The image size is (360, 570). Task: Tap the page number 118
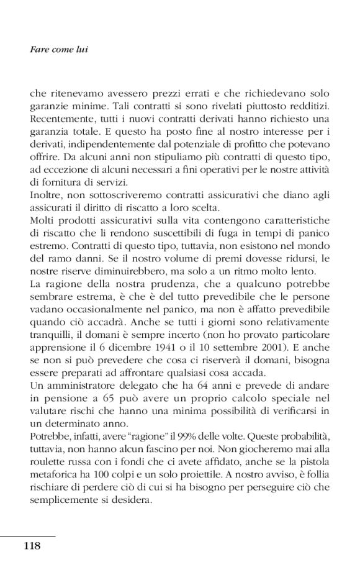32,546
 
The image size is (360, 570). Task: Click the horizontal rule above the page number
28,536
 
